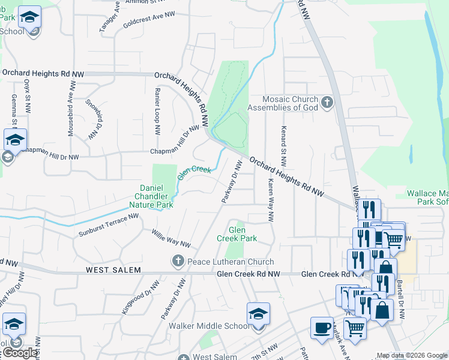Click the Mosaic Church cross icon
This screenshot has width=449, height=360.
[327, 103]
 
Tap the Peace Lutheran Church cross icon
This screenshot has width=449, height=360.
[177, 261]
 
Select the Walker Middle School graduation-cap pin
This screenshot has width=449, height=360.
[258, 314]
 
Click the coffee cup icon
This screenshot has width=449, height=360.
[322, 328]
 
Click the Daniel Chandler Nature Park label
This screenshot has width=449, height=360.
[151, 196]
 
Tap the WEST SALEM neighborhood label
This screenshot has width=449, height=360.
[113, 271]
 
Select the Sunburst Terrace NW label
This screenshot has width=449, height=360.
[109, 225]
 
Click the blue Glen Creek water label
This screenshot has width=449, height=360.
[194, 172]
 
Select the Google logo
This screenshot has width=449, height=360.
[19, 353]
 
